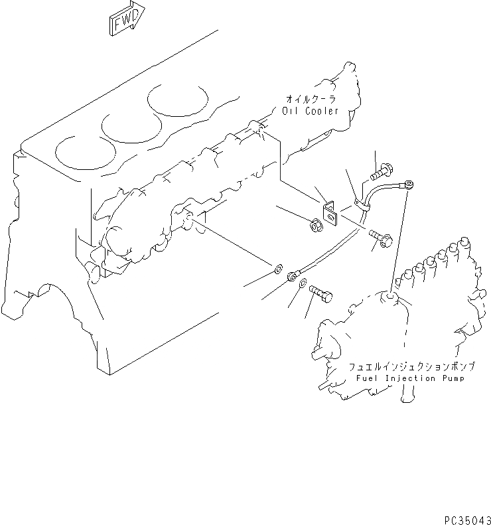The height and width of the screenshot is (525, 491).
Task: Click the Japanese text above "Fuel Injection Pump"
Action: coord(405,366)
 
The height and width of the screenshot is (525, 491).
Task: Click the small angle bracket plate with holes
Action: coord(330,211)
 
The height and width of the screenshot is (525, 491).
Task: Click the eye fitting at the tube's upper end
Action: coord(409,183)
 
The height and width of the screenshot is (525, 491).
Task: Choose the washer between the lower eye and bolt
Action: coord(302,285)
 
